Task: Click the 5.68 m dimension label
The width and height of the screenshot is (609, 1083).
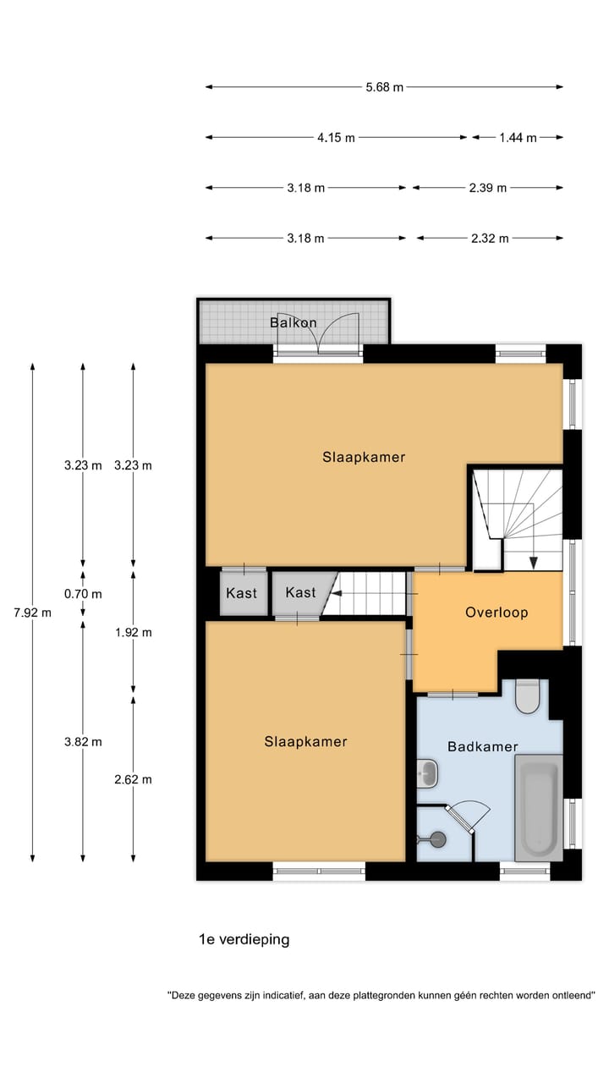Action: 384,87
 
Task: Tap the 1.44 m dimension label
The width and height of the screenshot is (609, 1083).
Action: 518,138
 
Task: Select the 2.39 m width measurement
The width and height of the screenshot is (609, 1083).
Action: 488,188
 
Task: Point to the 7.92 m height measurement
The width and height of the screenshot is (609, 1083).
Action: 32,613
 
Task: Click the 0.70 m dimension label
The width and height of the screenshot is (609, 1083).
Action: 83,594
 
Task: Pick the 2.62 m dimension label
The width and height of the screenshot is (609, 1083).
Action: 133,779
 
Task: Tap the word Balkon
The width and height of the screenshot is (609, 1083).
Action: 294,322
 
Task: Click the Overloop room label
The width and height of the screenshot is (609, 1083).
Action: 497,613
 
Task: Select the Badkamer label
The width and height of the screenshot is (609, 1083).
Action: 483,746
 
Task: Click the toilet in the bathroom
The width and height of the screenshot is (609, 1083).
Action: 527,696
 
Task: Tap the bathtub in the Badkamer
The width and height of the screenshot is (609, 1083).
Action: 539,808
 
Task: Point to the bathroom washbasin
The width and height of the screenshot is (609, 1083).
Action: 427,773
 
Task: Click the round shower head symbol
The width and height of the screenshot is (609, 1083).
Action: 438,839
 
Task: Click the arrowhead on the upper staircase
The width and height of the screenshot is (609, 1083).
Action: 533,563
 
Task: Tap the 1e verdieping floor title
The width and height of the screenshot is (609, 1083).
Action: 244,939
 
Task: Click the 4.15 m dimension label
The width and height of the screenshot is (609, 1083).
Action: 336,138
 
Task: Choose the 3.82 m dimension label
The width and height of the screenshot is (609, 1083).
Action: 83,742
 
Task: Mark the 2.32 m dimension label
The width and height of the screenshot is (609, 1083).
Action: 490,239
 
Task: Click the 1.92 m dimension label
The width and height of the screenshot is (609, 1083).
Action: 133,632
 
